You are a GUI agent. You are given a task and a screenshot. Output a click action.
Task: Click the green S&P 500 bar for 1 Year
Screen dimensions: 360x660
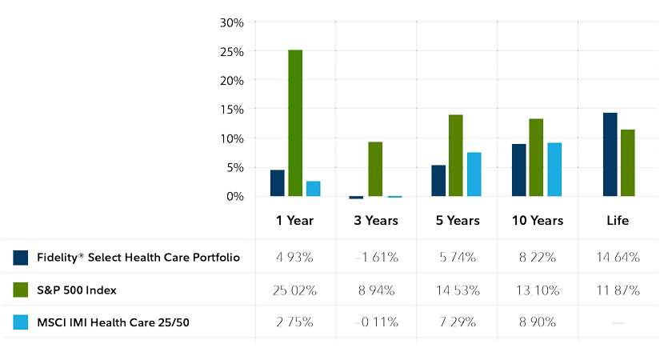[x=295, y=122]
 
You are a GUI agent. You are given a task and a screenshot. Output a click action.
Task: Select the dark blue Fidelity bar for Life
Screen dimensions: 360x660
[x=610, y=154]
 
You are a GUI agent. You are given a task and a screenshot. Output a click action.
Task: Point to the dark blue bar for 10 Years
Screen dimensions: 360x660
[x=518, y=170]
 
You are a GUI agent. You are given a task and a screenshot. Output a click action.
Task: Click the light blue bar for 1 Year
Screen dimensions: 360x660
[x=313, y=189]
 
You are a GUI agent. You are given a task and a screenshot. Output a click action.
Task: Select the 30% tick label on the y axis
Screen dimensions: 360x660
[x=231, y=22]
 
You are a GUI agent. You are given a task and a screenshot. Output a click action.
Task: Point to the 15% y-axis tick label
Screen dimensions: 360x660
[x=231, y=110]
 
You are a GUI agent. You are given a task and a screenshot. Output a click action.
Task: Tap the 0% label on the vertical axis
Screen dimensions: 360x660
[x=234, y=196]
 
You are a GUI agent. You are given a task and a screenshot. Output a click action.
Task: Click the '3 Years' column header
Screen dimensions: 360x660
[x=375, y=220]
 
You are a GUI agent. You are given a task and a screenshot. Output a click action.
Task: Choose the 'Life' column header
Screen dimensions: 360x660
[x=618, y=220]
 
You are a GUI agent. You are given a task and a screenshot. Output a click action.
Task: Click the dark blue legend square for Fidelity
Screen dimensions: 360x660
[x=21, y=258]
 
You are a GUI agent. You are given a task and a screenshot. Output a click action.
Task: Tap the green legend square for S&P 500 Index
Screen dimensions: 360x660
[x=21, y=290]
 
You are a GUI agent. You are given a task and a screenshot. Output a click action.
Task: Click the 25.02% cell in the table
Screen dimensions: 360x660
[x=294, y=290]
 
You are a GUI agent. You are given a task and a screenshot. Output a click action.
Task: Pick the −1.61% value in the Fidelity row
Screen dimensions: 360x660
[x=375, y=258]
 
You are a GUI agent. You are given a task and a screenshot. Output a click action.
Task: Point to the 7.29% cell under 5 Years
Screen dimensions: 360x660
[x=456, y=322]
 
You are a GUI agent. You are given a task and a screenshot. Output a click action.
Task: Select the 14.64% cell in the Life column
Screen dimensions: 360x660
[x=618, y=258]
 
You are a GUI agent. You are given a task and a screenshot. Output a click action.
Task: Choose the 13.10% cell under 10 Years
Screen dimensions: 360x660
[x=537, y=290]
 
